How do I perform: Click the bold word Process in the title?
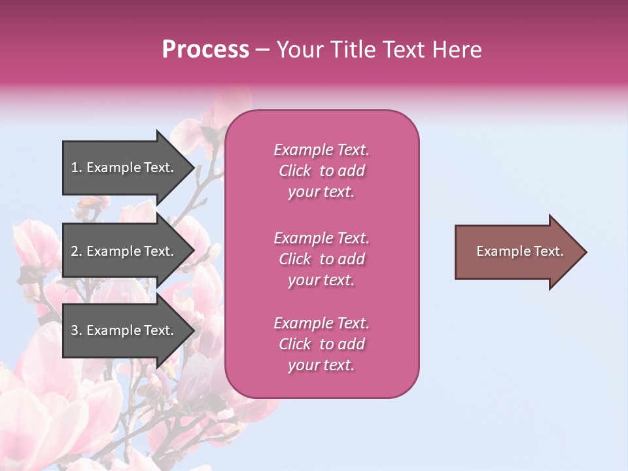(x=205, y=50)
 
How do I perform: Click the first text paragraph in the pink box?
(x=321, y=171)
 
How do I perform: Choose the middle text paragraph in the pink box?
(x=321, y=259)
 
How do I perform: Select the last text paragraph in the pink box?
(x=321, y=344)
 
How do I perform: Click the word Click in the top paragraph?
(x=295, y=171)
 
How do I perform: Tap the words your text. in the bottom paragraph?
(x=321, y=365)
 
